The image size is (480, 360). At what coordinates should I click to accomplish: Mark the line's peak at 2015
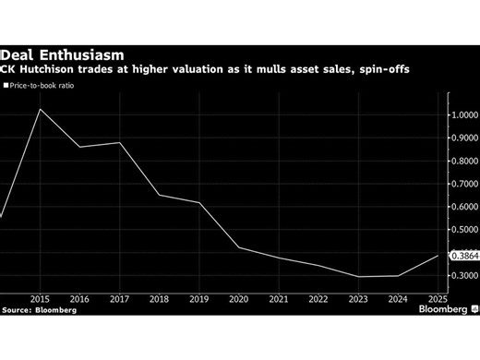(x=41, y=109)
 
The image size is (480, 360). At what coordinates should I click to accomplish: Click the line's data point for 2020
(x=239, y=247)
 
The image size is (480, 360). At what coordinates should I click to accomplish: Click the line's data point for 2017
(x=120, y=142)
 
